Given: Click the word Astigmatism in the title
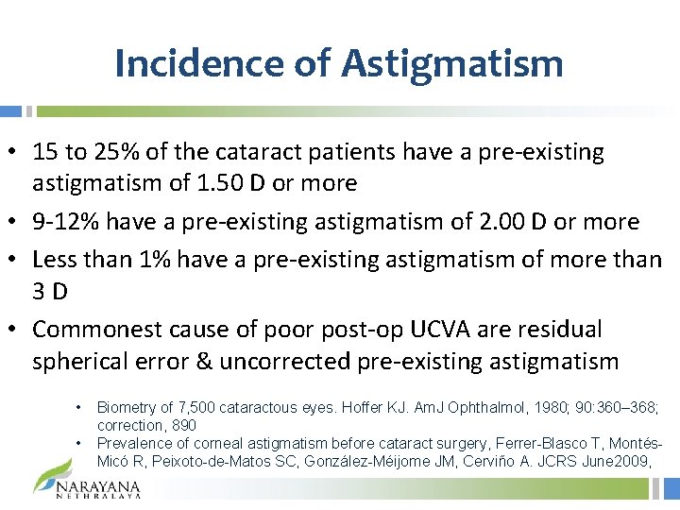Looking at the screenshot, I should [452, 63].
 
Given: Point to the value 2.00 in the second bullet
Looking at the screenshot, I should [518, 222].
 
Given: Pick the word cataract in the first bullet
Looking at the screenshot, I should [266, 151].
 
